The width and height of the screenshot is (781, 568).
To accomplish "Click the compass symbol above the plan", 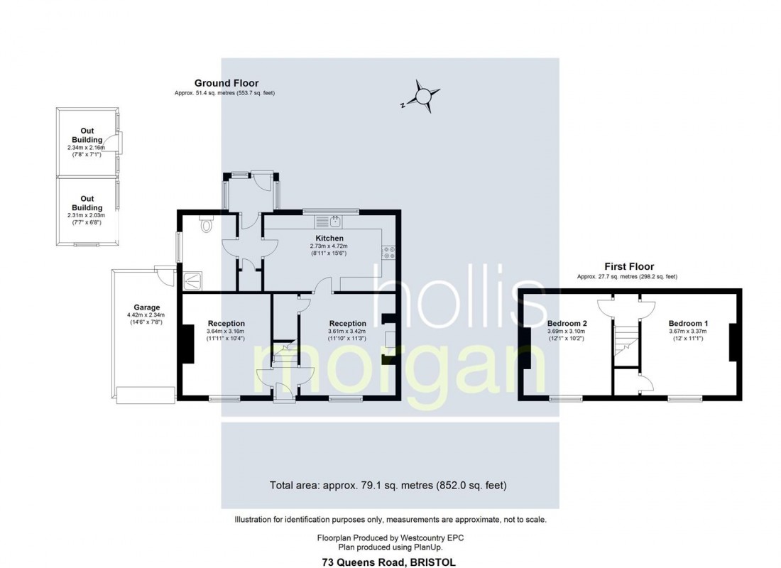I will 422,97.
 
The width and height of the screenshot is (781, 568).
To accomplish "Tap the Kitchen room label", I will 329,238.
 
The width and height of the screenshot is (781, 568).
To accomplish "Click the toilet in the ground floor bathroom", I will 206,225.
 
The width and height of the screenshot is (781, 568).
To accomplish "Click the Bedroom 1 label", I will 688,323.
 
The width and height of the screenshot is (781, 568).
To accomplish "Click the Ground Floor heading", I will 226,83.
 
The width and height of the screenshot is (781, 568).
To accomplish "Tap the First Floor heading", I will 629,266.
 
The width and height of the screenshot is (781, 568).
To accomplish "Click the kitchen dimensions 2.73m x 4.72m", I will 329,246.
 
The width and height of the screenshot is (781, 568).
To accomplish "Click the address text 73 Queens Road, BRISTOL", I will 390,563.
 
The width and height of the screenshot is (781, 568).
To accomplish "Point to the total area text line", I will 388,486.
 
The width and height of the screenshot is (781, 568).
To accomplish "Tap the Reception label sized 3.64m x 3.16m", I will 226,323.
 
